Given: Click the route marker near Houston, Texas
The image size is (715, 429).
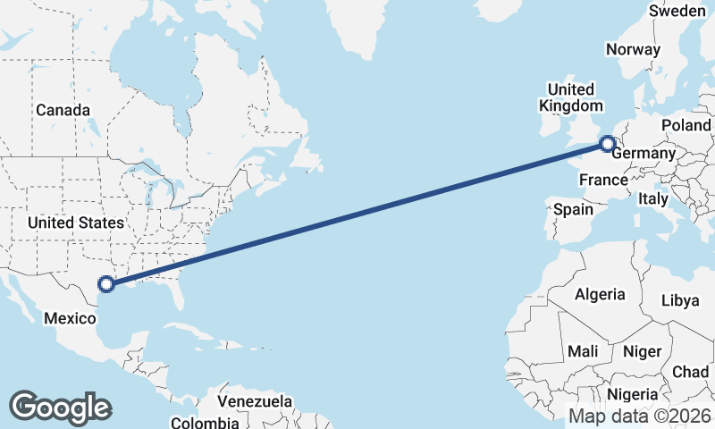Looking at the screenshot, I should click(106, 284).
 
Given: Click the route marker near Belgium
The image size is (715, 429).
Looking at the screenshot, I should click(607, 143).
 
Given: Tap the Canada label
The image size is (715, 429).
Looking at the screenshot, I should click(63, 110).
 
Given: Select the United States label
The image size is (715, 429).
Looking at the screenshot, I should click(75, 222).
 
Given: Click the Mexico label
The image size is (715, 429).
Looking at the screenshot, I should click(70, 318).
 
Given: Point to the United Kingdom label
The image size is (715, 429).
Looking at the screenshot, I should click(570, 97).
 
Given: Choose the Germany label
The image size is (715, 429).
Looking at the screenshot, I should click(643, 154).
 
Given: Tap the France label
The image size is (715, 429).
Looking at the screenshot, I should click(603, 181).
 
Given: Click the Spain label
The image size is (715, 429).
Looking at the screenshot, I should click(573, 209).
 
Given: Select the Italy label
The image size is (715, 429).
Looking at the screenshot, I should click(652, 199).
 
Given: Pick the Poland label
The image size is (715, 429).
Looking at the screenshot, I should click(686, 125).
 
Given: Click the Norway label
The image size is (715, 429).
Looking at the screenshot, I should click(633, 50).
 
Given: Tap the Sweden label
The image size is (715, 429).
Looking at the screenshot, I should click(677, 11).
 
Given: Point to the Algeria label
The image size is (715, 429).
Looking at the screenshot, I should click(601, 294).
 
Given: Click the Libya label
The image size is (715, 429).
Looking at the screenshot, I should click(680, 300).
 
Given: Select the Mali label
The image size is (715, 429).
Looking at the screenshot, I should click(582, 351).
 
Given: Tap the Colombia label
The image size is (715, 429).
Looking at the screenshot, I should click(206, 422).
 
